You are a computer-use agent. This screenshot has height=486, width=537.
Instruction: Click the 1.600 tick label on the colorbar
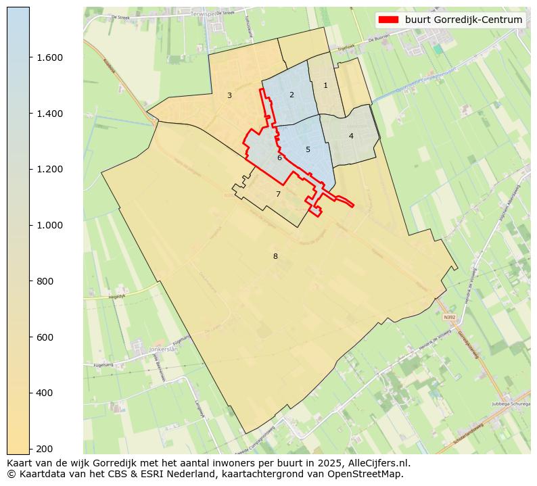point(49,57)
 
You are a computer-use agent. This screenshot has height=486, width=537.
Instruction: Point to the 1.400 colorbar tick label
point(49,114)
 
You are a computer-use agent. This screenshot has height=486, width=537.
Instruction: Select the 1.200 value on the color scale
point(49,169)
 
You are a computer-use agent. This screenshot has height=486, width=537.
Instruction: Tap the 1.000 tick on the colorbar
point(49,225)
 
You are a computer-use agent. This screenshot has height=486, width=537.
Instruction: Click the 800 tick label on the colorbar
point(45,281)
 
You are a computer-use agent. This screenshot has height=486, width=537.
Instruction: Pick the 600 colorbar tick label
point(45,337)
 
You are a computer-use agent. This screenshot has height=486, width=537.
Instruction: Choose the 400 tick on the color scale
point(45,393)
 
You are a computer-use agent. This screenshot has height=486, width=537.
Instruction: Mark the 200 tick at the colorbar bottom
point(45,449)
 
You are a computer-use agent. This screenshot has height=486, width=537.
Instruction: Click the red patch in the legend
point(390,20)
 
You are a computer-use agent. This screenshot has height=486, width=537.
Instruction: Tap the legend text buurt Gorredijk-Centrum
point(463,20)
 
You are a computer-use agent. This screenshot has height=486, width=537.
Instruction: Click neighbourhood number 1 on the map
point(325,86)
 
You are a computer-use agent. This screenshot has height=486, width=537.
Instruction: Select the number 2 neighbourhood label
point(291,95)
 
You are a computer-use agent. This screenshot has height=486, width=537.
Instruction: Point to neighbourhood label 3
point(229,96)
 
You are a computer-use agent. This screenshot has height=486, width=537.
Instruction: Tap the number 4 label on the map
point(351,137)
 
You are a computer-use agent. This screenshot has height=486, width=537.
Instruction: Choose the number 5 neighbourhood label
point(308,150)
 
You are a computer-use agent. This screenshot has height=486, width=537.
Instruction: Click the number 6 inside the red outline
point(279,158)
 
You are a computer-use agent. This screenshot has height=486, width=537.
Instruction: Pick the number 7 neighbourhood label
point(278,195)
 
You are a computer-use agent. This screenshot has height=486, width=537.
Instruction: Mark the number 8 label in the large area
point(275,257)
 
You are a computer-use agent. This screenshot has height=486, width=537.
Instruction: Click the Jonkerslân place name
point(163,349)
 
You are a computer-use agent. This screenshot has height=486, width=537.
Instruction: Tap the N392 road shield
point(450,316)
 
